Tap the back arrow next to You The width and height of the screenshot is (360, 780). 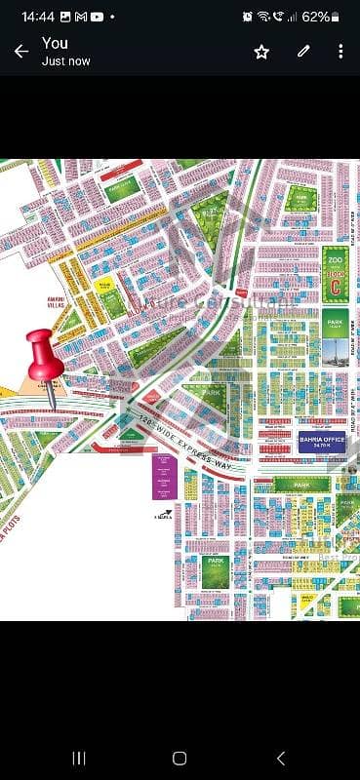(x=20, y=52)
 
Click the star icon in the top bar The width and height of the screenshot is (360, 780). (x=261, y=52)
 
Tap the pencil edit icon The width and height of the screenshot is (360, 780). (x=303, y=52)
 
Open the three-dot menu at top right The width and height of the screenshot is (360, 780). (x=340, y=52)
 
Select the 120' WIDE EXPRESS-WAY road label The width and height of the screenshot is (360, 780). (x=182, y=440)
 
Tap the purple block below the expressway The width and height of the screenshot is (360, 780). (x=163, y=477)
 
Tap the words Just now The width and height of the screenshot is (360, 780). (x=65, y=60)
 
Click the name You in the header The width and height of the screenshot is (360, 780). (x=55, y=43)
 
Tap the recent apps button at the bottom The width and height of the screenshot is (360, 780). (x=79, y=758)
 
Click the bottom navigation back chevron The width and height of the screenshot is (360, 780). (x=281, y=758)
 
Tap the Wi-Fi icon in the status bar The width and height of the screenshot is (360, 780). (x=263, y=17)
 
